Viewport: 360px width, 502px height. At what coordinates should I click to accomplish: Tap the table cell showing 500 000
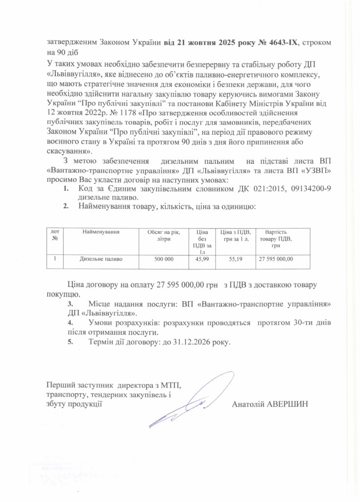coord(164,259)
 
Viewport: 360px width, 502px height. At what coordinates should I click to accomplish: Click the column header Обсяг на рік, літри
coord(164,235)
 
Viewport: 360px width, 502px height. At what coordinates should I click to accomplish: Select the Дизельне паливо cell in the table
coord(101,259)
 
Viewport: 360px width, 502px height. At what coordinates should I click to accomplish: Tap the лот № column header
coord(54,235)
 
